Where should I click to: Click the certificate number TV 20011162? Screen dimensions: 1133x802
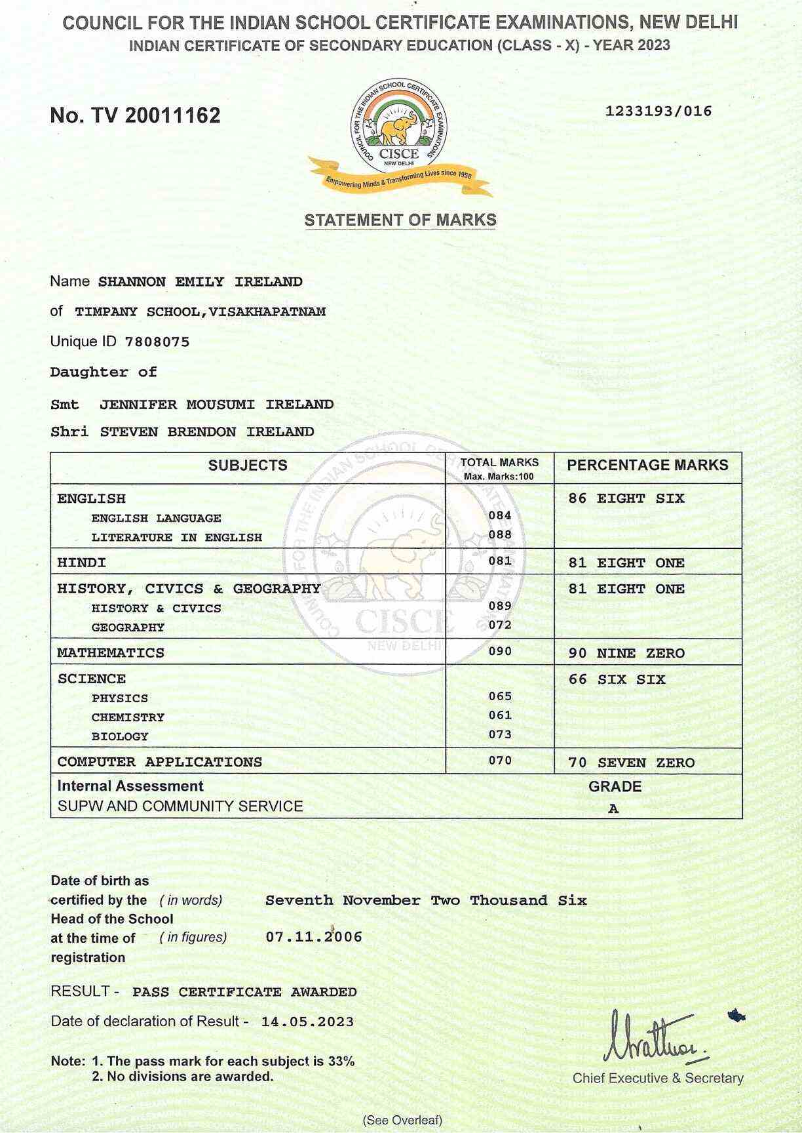[135, 115]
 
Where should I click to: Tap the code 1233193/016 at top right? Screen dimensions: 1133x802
[658, 111]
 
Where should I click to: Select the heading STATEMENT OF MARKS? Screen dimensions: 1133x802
[400, 220]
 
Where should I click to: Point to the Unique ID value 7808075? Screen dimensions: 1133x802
[157, 342]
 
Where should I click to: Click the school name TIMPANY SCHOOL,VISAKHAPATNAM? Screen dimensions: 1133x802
[200, 311]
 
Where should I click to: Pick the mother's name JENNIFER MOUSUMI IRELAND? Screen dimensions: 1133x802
[216, 405]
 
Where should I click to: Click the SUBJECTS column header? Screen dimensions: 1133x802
[248, 466]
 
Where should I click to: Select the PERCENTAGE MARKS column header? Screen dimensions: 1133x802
[647, 465]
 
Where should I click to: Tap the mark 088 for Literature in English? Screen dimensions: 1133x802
[500, 534]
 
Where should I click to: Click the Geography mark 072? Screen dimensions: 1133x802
[500, 625]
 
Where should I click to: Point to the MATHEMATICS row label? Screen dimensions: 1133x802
[111, 653]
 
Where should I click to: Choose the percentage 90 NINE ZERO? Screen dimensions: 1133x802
[626, 653]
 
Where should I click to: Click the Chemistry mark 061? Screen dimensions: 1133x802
[500, 715]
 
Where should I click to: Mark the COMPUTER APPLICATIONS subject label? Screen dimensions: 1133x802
[159, 762]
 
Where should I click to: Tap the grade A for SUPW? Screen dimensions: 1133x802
[613, 808]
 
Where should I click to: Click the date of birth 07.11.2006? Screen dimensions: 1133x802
[314, 936]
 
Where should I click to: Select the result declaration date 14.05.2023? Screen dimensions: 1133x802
[307, 1022]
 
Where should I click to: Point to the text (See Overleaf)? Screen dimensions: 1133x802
[403, 1120]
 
